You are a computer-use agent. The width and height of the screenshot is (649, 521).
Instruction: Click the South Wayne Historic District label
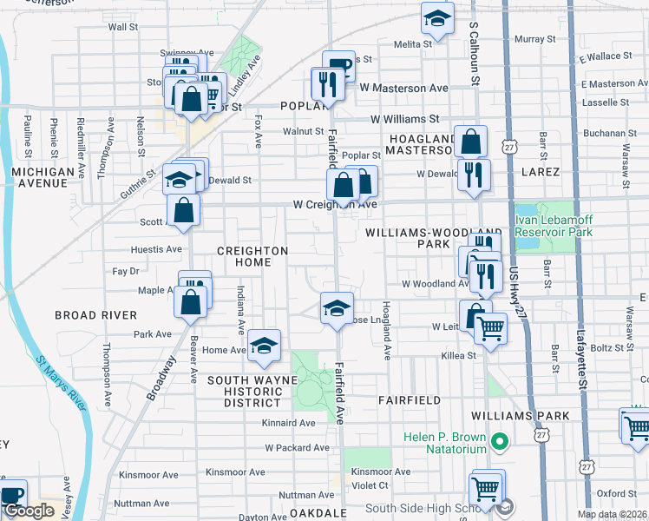[252, 392]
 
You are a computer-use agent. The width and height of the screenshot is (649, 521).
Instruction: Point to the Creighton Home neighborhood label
[252, 256]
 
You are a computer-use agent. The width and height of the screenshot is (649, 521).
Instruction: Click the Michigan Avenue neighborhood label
[43, 178]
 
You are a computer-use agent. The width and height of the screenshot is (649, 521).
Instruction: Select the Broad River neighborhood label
[95, 314]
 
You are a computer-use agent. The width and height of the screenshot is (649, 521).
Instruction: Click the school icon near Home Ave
[264, 346]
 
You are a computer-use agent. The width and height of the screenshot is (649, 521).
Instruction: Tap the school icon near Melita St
[437, 16]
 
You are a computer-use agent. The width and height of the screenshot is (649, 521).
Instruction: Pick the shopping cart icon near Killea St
[490, 329]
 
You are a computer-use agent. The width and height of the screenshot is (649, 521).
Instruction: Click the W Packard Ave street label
[298, 448]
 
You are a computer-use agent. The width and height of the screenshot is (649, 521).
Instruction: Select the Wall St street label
[123, 28]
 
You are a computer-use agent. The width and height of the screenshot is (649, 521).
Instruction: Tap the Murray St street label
[534, 39]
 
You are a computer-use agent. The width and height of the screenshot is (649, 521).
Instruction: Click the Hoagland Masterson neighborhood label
[421, 144]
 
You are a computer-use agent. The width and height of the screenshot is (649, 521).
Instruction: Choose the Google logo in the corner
[29, 511]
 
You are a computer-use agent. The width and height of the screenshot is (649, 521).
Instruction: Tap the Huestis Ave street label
[156, 249]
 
